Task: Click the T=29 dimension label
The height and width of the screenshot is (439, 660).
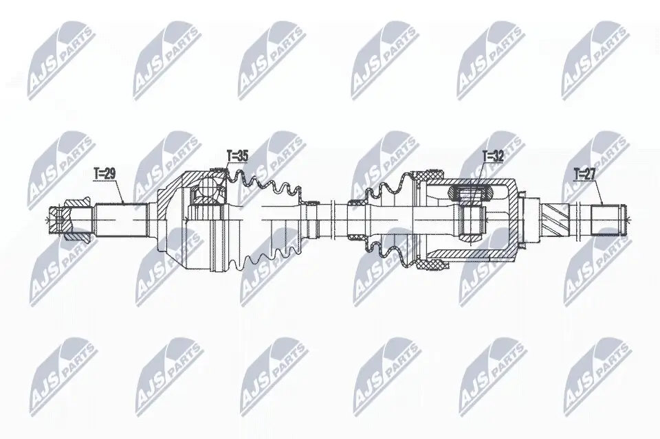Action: (x=103, y=174)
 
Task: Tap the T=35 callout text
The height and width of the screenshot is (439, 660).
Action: (x=236, y=156)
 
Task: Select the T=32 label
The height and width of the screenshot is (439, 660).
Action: (x=493, y=157)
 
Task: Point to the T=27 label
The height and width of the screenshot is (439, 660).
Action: (x=586, y=173)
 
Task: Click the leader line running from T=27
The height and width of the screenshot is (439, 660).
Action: (x=600, y=191)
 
